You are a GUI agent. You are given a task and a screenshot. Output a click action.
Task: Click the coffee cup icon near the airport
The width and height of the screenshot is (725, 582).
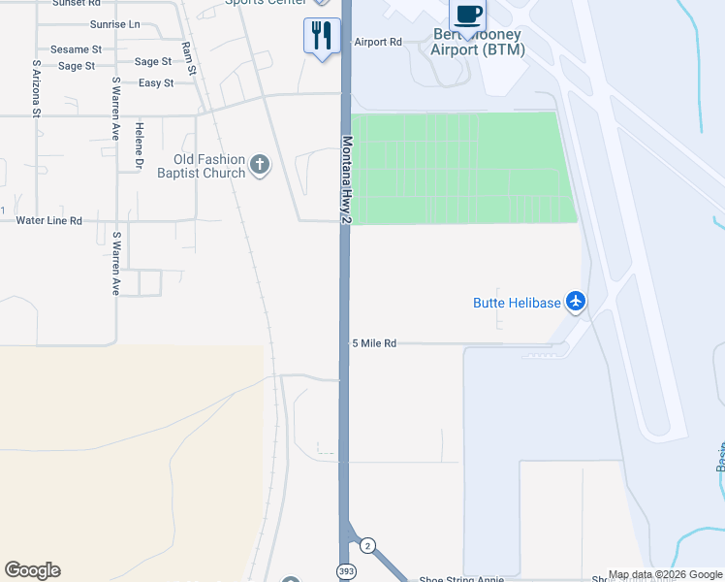pyautogui.click(x=467, y=15)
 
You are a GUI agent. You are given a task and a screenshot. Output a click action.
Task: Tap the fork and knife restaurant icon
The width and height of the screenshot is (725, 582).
pyautogui.click(x=322, y=36)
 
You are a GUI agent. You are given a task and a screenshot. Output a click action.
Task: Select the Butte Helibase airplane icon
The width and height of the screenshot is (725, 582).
pyautogui.click(x=576, y=302)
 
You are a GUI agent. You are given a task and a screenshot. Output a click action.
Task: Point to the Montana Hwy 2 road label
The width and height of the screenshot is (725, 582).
pyautogui.click(x=345, y=181)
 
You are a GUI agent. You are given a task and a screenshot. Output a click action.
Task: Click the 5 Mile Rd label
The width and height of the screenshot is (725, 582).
pyautogui.click(x=374, y=343)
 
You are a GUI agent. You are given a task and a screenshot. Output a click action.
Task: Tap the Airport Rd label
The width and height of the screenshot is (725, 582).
pyautogui.click(x=378, y=42)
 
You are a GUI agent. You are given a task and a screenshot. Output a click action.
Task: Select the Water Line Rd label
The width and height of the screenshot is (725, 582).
pyautogui.click(x=49, y=220)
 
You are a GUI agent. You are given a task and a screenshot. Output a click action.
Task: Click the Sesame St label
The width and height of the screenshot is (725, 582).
pyautogui.click(x=76, y=49)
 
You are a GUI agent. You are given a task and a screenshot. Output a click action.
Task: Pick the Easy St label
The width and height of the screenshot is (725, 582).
pyautogui.click(x=156, y=83)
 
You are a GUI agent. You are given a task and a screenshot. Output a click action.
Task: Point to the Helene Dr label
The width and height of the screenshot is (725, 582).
pyautogui.click(x=140, y=143)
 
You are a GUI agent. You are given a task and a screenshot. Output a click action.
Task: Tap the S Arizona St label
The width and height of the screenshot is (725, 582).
pyautogui.click(x=36, y=89)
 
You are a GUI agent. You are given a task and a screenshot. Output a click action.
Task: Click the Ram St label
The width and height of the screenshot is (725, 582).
pyautogui.click(x=188, y=59)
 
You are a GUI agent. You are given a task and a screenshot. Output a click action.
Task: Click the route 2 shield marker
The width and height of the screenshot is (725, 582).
pyautogui.click(x=367, y=546)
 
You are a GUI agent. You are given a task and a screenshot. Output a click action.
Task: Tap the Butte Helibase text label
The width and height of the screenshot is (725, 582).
pyautogui.click(x=517, y=303)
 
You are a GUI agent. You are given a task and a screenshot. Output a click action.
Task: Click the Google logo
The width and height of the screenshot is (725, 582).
pyautogui.click(x=32, y=570)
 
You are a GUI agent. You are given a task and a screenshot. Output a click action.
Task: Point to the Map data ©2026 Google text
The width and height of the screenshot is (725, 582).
pyautogui.click(x=665, y=575)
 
